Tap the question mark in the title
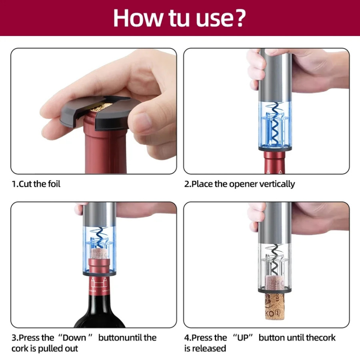[238, 18]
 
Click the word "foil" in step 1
[54, 184]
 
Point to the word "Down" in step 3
[74, 338]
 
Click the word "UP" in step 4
[242, 338]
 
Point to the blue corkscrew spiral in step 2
[274, 124]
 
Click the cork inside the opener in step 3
[99, 254]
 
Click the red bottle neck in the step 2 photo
[275, 162]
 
